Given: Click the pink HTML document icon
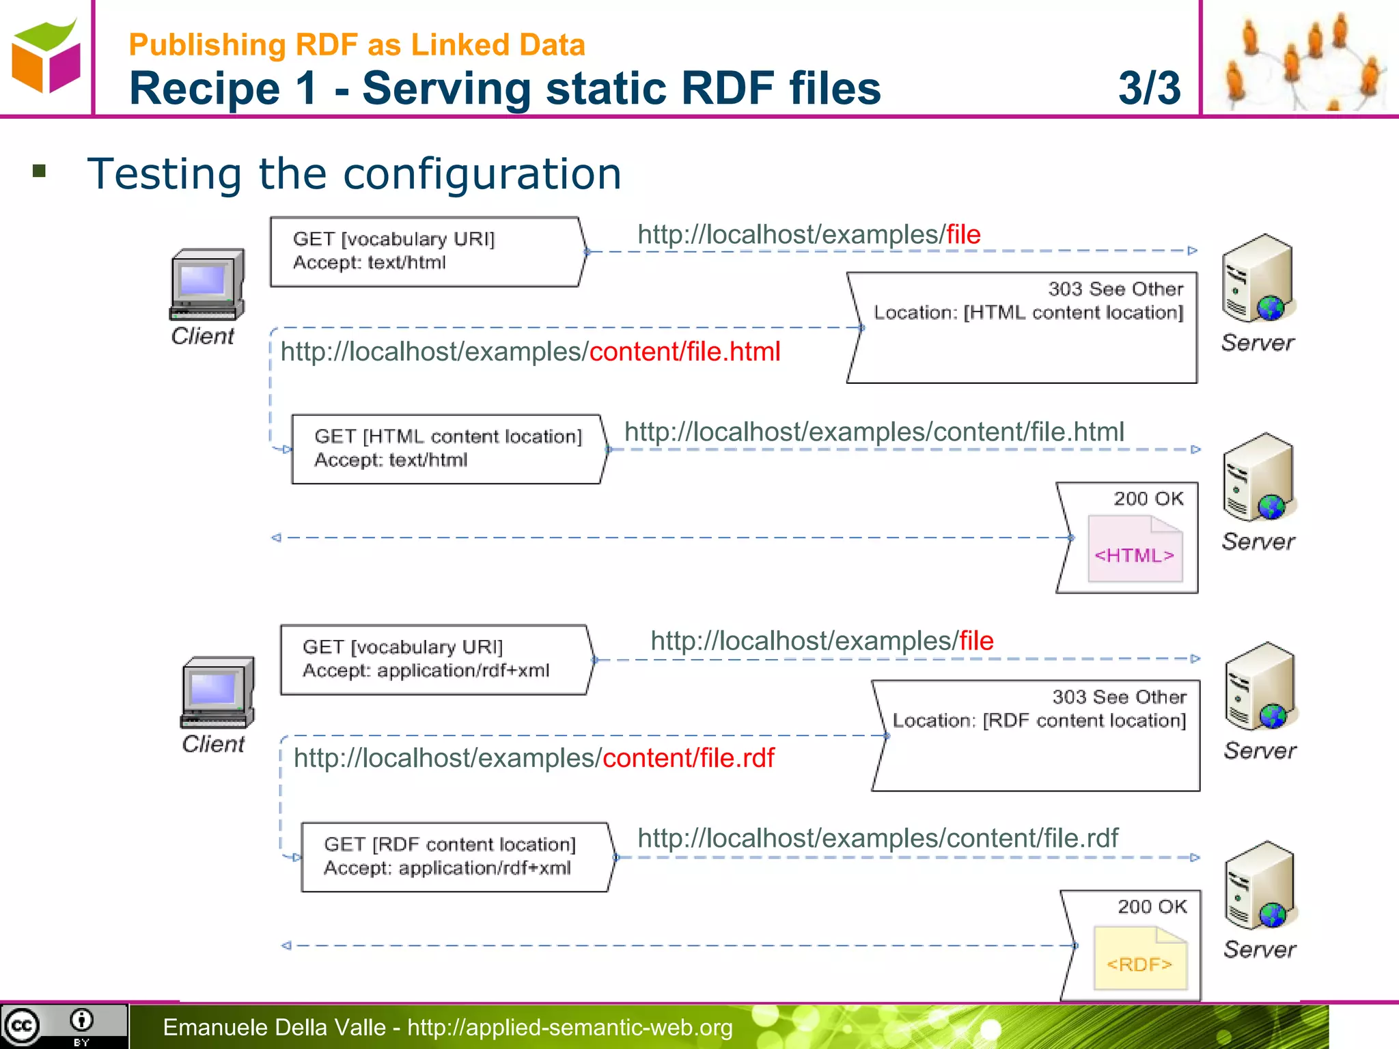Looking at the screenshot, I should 1135,549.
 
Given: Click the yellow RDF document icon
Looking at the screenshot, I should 1139,957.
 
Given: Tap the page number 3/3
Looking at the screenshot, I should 1149,88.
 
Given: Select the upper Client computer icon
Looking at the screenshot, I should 207,284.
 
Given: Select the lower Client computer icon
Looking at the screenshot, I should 217,693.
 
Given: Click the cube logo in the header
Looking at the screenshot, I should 46,57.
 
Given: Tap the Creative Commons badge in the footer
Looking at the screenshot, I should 63,1026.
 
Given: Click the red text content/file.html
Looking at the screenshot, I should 684,352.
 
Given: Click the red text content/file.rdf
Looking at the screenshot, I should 689,758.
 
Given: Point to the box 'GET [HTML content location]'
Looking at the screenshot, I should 448,449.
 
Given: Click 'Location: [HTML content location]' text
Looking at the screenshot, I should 1028,313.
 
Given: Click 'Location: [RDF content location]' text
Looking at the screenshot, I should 1039,721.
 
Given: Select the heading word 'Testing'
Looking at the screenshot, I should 164,173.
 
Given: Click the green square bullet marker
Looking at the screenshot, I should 39,171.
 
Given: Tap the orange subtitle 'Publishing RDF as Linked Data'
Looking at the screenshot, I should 357,45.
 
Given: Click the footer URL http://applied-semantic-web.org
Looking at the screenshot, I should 570,1027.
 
